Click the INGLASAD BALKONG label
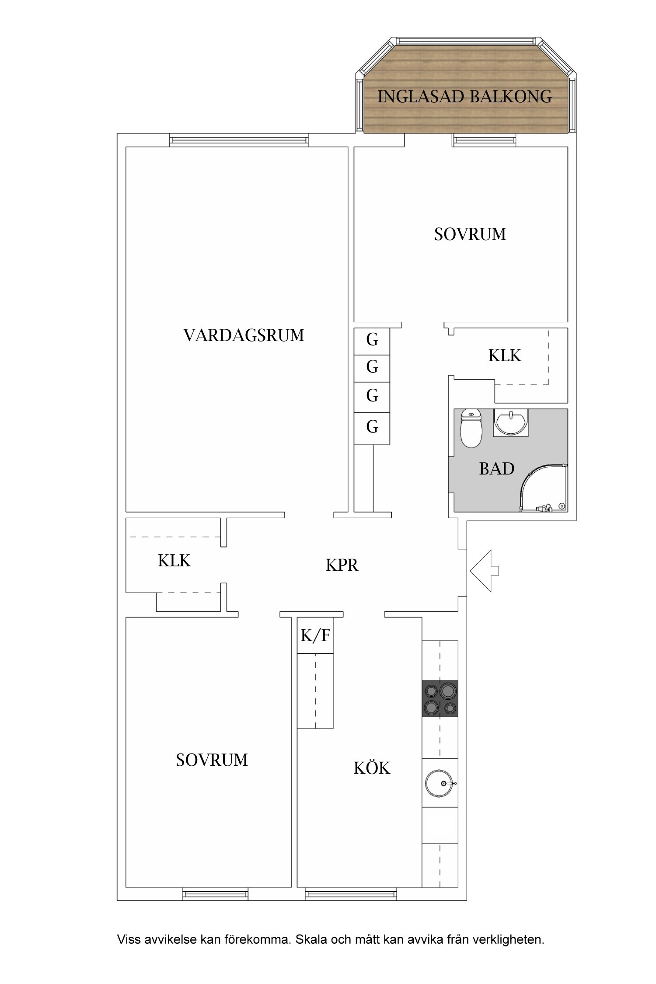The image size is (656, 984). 464,96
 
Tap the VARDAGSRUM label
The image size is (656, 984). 244,335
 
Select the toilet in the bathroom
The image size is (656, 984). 471,429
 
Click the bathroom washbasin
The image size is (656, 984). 510,422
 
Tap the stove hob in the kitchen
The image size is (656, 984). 440,698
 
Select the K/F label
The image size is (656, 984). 315,635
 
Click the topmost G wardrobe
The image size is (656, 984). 372,340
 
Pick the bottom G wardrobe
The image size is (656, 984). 372,426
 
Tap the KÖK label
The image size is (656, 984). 372,768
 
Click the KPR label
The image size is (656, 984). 342,565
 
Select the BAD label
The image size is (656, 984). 496,469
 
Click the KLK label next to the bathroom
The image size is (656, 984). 505,356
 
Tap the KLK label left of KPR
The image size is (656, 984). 174,561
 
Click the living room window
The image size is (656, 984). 239,140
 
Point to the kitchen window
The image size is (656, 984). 351,894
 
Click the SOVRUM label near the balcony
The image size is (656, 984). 470,234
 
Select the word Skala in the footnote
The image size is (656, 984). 311,939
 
